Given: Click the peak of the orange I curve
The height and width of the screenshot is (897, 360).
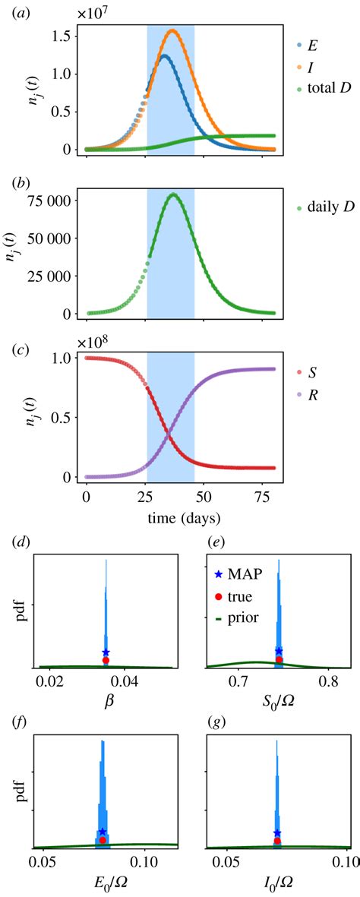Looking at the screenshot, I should (172, 30).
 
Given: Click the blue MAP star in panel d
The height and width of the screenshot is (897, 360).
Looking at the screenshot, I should (106, 652).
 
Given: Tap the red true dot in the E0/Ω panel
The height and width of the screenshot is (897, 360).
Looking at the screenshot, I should (103, 840).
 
